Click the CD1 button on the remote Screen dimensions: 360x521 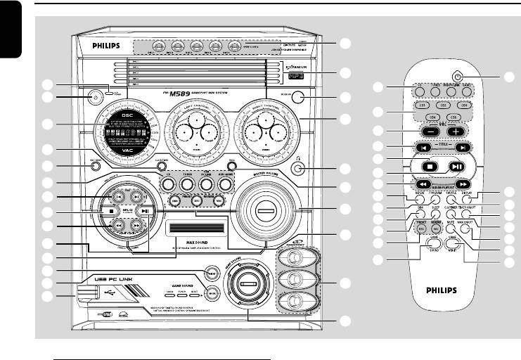pyautogui.click(x=421, y=105)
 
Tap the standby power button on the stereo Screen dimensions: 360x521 pyautogui.click(x=92, y=97)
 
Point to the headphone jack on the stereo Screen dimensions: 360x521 pyautogui.click(x=299, y=168)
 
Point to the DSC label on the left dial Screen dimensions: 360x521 pyautogui.click(x=127, y=115)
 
